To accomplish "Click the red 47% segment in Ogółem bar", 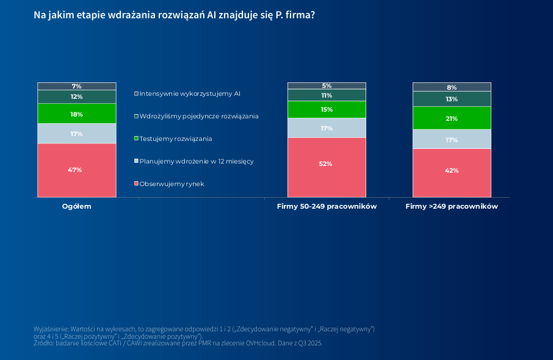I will (76, 170).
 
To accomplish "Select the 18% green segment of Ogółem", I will (76, 114).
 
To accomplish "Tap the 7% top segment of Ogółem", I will (76, 86).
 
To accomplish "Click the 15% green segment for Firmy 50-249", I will (327, 110).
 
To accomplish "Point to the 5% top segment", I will (327, 86).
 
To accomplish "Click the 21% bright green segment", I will (452, 118).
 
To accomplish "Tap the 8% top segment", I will (452, 87).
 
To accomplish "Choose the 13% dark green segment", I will (452, 99).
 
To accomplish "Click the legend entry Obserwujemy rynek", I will (172, 184).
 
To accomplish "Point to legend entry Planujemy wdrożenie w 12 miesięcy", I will (196, 162).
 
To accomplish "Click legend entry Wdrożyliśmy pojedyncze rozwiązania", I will (199, 116).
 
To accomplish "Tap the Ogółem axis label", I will (76, 207).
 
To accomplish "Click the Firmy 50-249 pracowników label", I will (327, 207).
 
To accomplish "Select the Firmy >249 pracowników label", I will (452, 207).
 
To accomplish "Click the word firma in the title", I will (299, 14).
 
